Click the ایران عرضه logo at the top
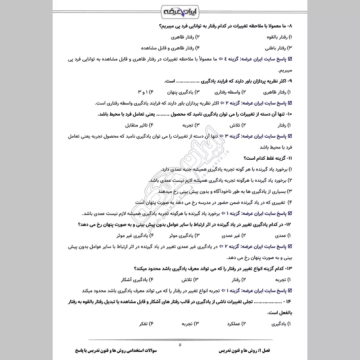[x=180, y=10]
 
